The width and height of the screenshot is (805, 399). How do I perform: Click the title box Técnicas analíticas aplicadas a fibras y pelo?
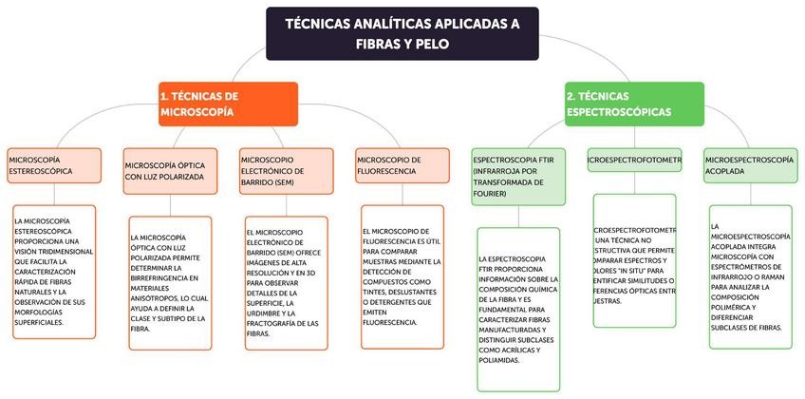(402, 33)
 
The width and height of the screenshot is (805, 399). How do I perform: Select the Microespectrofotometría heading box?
(635, 161)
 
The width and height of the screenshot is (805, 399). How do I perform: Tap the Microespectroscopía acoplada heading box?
(749, 165)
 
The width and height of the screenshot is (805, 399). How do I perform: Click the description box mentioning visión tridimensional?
(54, 272)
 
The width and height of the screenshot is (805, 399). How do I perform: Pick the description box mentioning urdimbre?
(285, 281)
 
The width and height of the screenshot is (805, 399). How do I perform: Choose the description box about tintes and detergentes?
(402, 276)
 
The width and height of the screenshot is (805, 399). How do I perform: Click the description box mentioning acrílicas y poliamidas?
(519, 309)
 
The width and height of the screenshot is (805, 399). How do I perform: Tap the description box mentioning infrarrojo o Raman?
(749, 275)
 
